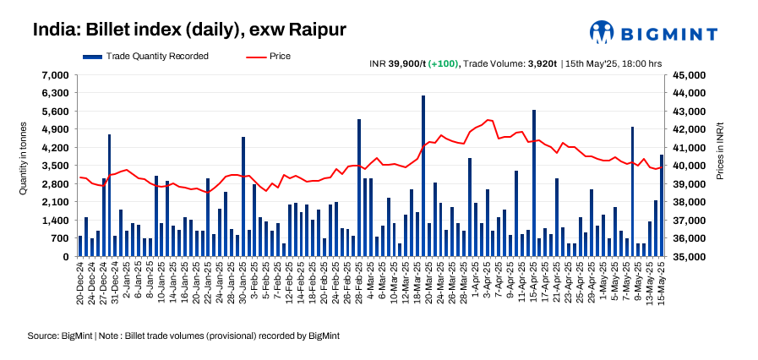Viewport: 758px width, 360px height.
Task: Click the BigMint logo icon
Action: tap(602, 32)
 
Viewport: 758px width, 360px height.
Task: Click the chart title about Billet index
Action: tap(189, 30)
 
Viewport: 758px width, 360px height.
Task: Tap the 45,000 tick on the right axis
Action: tap(689, 75)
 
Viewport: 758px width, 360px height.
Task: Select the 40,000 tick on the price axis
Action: tap(689, 166)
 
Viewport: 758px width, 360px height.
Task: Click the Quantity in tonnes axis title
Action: tap(24, 157)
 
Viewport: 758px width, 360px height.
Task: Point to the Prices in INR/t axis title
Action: tap(720, 157)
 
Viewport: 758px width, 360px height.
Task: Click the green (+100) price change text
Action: tap(444, 63)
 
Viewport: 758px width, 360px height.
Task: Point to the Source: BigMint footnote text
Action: tap(183, 335)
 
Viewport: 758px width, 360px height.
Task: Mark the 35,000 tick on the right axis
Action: tap(689, 257)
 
